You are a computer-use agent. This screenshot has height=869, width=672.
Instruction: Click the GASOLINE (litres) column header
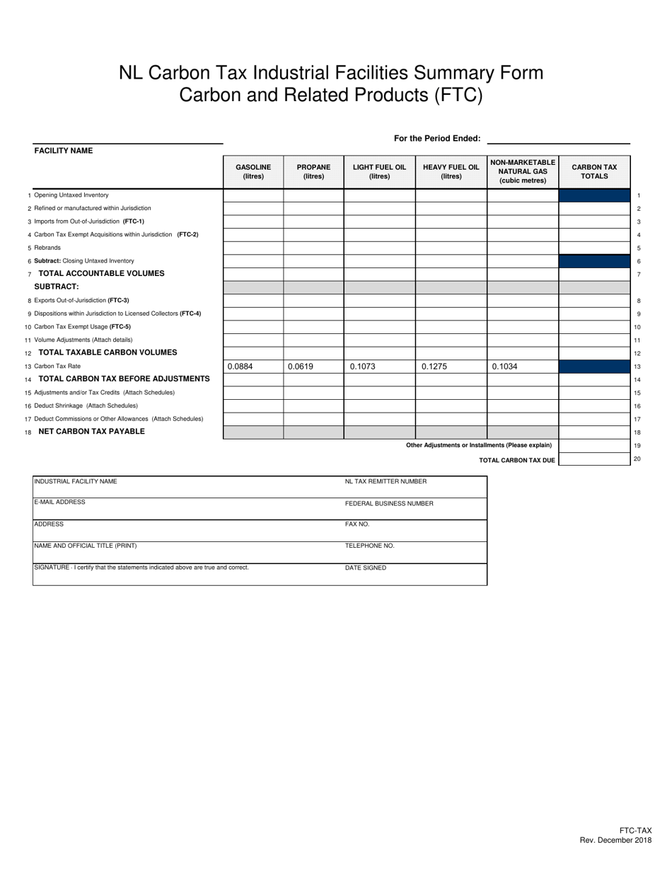click(253, 171)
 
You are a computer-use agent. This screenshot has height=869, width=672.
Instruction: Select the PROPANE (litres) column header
click(313, 171)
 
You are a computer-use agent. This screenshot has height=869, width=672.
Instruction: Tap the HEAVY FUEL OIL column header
click(451, 171)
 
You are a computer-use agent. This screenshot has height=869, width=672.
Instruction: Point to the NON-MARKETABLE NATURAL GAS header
click(523, 171)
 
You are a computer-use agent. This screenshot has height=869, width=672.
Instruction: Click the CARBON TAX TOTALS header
click(594, 171)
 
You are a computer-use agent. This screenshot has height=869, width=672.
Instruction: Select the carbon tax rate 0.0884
click(240, 367)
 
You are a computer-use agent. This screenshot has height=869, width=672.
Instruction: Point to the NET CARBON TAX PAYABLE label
click(91, 431)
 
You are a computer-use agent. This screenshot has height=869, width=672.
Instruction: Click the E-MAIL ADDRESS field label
click(60, 502)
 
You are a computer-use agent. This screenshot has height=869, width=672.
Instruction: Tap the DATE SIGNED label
click(366, 568)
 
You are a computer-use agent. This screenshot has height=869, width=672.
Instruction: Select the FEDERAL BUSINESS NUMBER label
click(389, 504)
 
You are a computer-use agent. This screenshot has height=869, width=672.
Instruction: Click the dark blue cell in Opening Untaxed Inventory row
click(594, 195)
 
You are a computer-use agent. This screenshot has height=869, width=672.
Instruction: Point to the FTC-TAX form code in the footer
click(635, 830)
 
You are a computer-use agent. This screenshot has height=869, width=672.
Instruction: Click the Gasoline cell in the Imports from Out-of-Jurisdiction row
click(253, 221)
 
